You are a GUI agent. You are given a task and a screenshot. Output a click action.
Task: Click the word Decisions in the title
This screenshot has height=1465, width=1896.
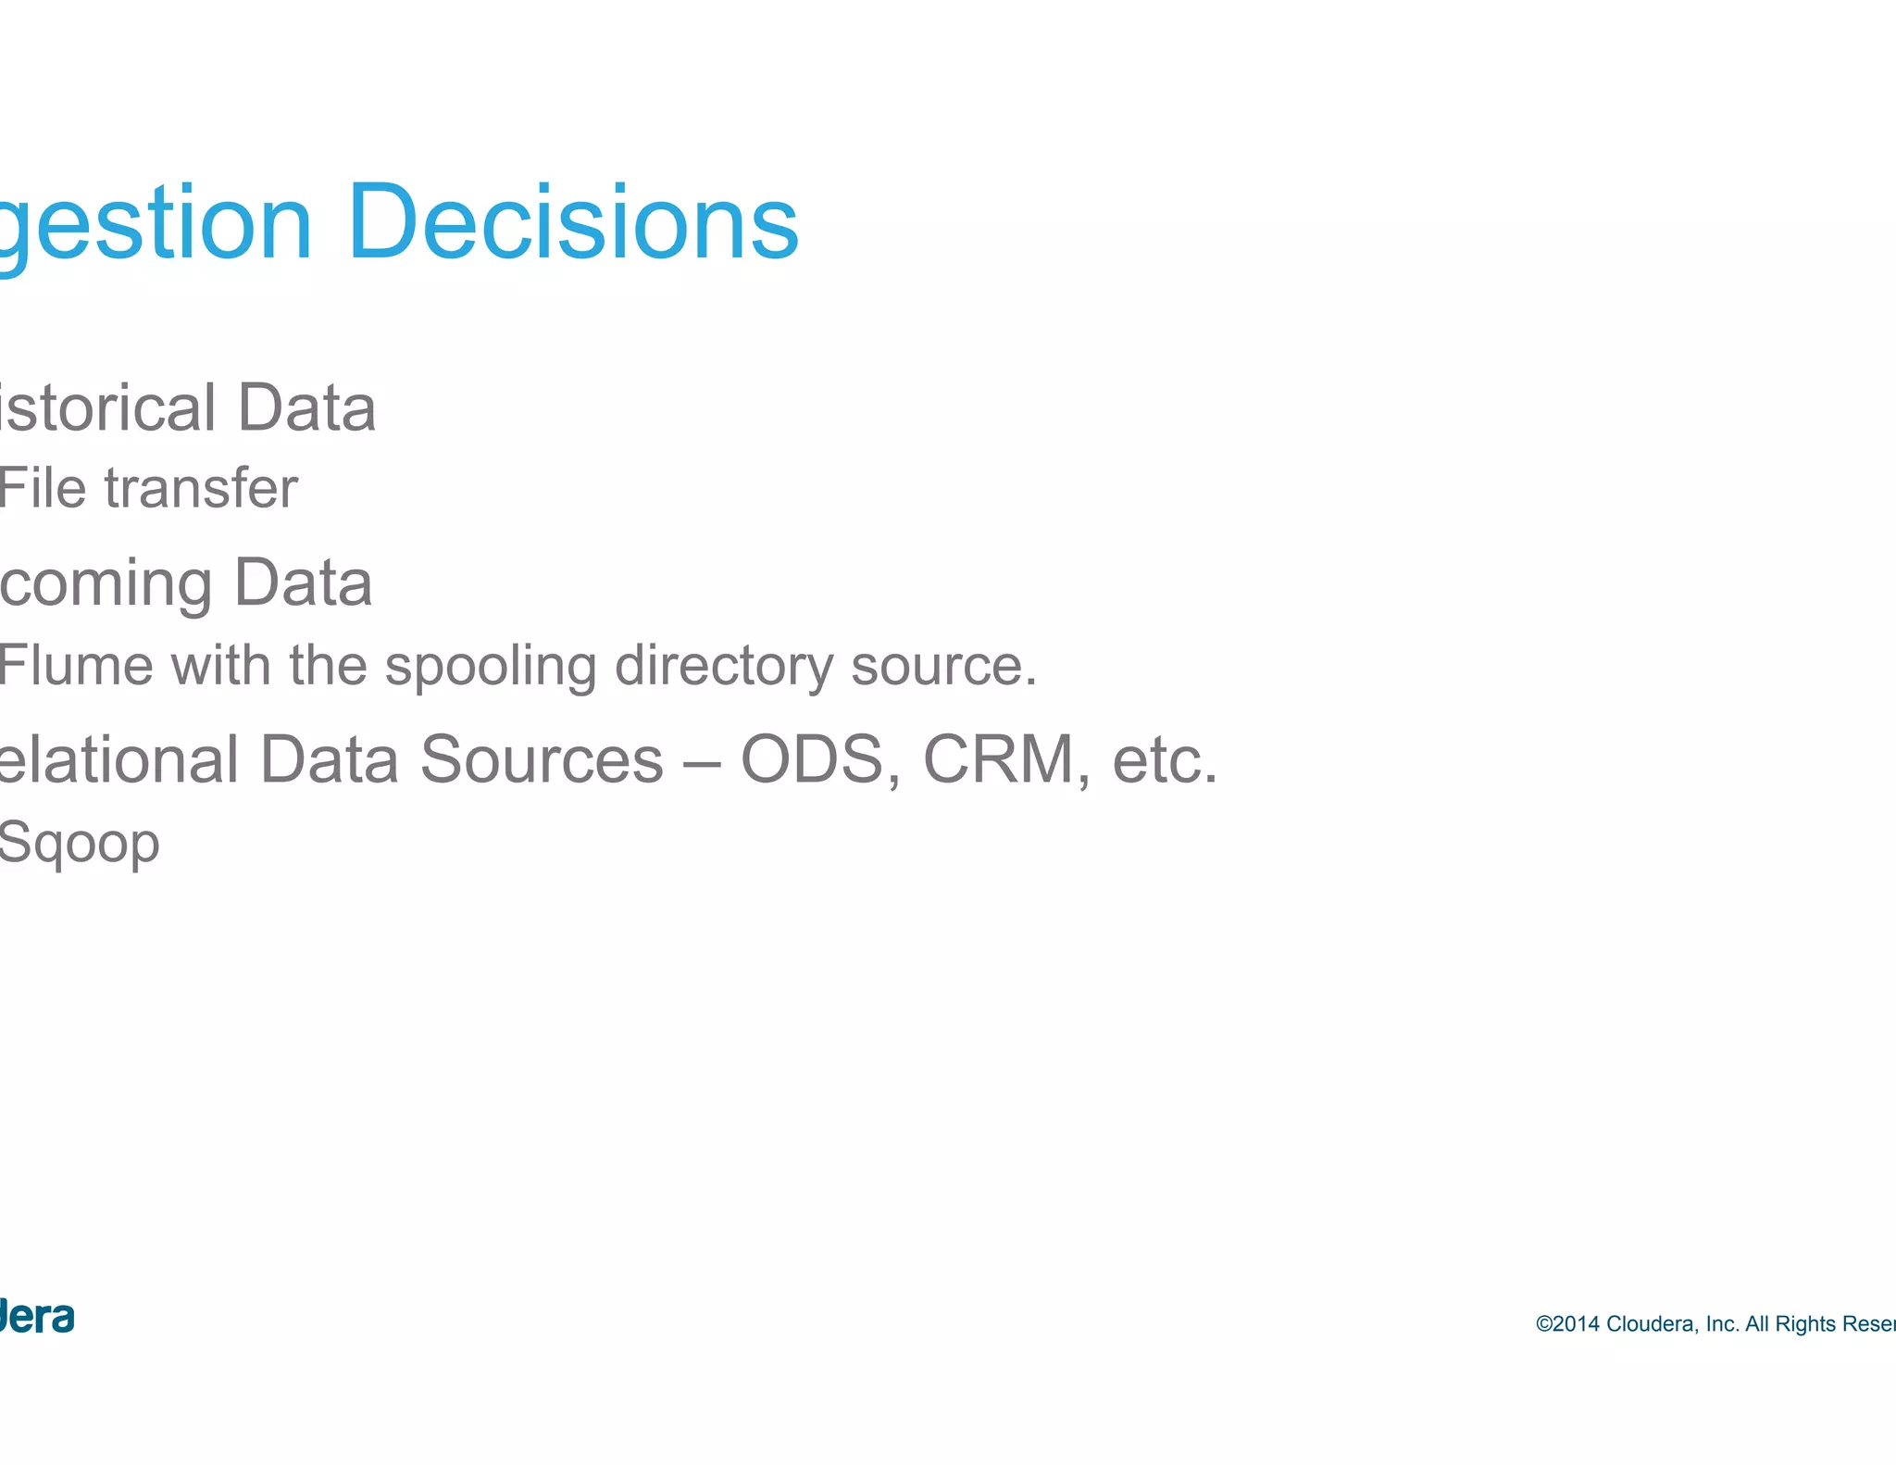573,223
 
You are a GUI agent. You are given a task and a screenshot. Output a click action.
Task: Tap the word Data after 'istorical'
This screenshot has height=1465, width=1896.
306,407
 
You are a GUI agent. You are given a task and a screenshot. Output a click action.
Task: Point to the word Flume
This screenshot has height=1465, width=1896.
76,665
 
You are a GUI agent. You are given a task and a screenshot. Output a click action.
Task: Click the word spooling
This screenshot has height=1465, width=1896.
490,667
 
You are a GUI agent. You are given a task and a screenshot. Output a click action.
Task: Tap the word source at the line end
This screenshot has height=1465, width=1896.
942,667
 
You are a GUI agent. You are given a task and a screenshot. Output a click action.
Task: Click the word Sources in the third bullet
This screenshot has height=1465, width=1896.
542,759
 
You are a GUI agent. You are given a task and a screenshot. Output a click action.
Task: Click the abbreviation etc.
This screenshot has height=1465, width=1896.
1165,759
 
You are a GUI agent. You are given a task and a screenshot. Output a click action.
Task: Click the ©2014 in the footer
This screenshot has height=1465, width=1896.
1567,1324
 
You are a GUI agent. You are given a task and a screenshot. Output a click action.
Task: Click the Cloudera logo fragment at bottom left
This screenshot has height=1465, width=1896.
36,1317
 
